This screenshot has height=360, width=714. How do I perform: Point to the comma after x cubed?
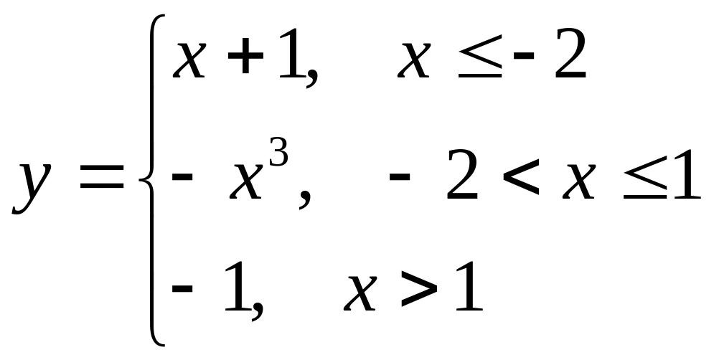pos(304,202)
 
